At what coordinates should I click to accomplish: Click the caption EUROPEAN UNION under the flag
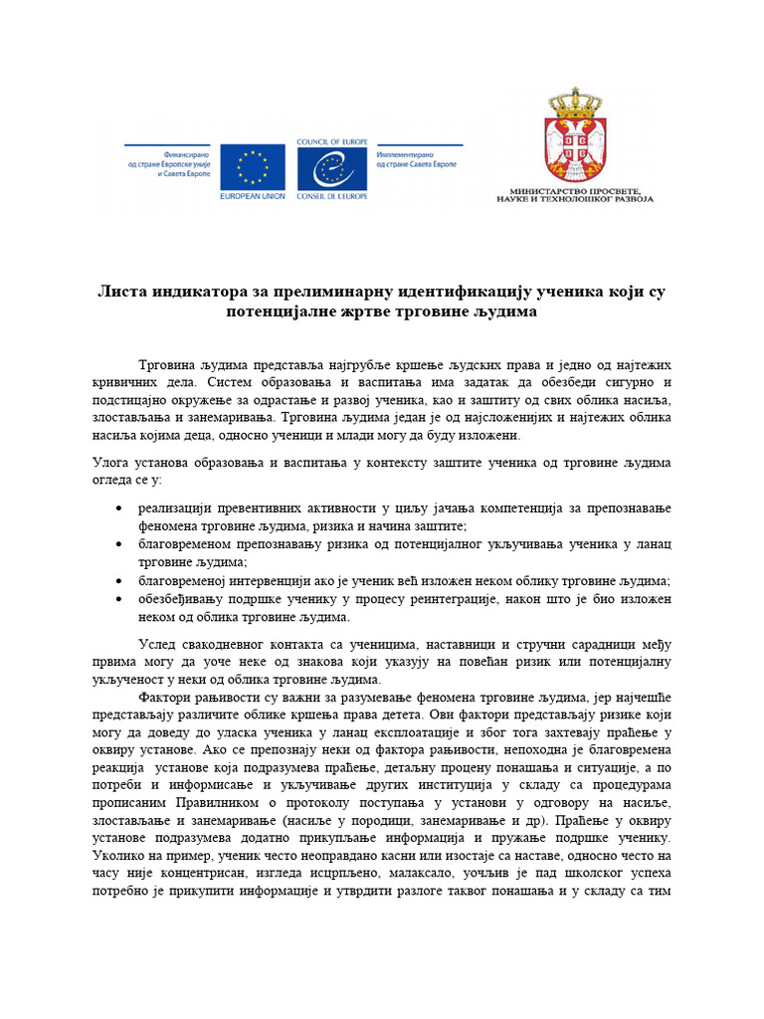coord(253,196)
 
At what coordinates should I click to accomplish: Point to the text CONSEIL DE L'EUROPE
coord(330,196)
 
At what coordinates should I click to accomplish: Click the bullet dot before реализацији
coord(120,509)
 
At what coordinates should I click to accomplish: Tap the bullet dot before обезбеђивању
coord(120,599)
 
